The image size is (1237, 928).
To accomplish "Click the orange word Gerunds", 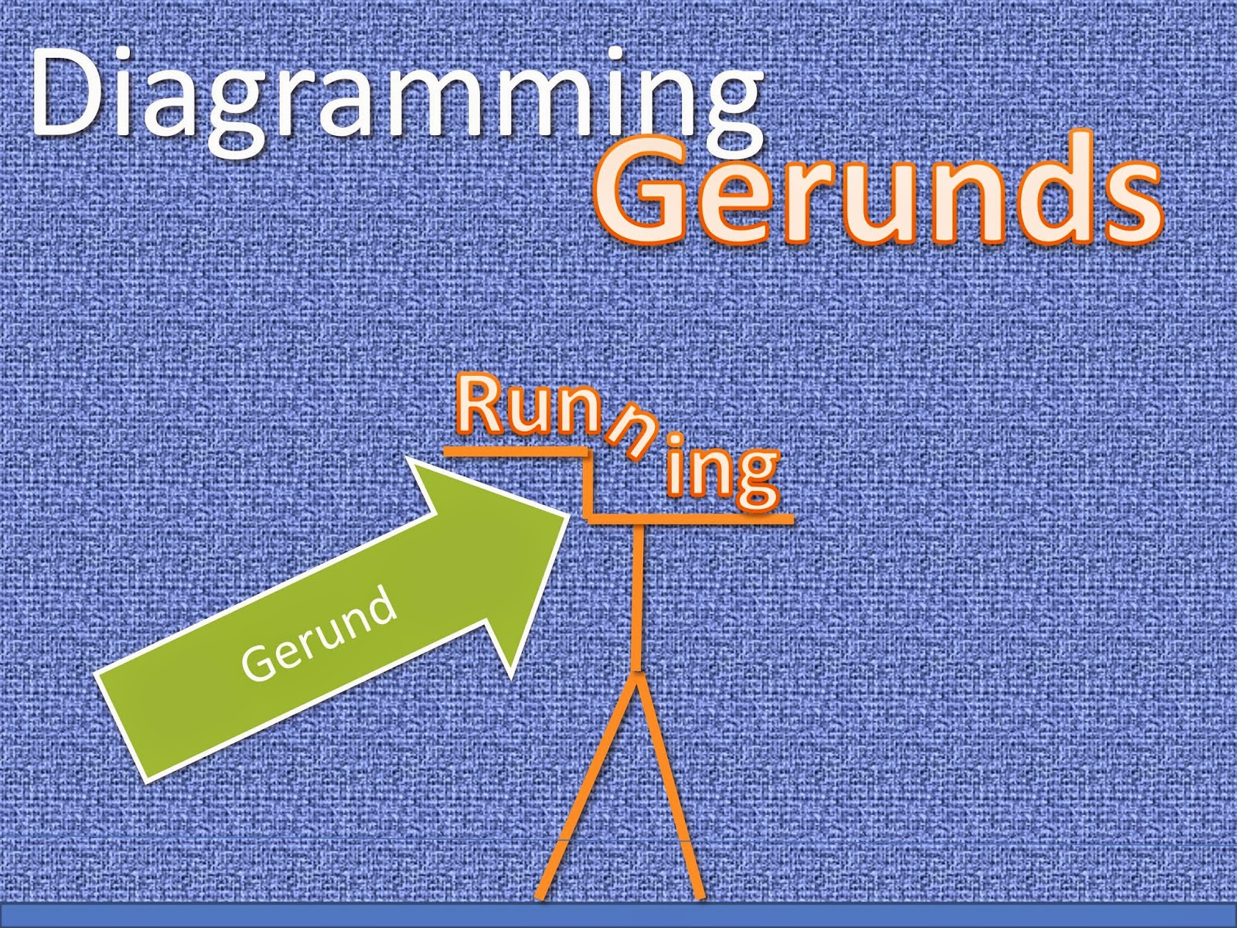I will (x=877, y=189).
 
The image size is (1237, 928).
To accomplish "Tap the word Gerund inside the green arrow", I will (x=319, y=636).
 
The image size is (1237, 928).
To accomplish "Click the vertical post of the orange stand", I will (x=637, y=595).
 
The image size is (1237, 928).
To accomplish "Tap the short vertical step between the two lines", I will (x=589, y=483).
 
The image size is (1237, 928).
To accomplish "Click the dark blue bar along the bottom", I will (x=618, y=915).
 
